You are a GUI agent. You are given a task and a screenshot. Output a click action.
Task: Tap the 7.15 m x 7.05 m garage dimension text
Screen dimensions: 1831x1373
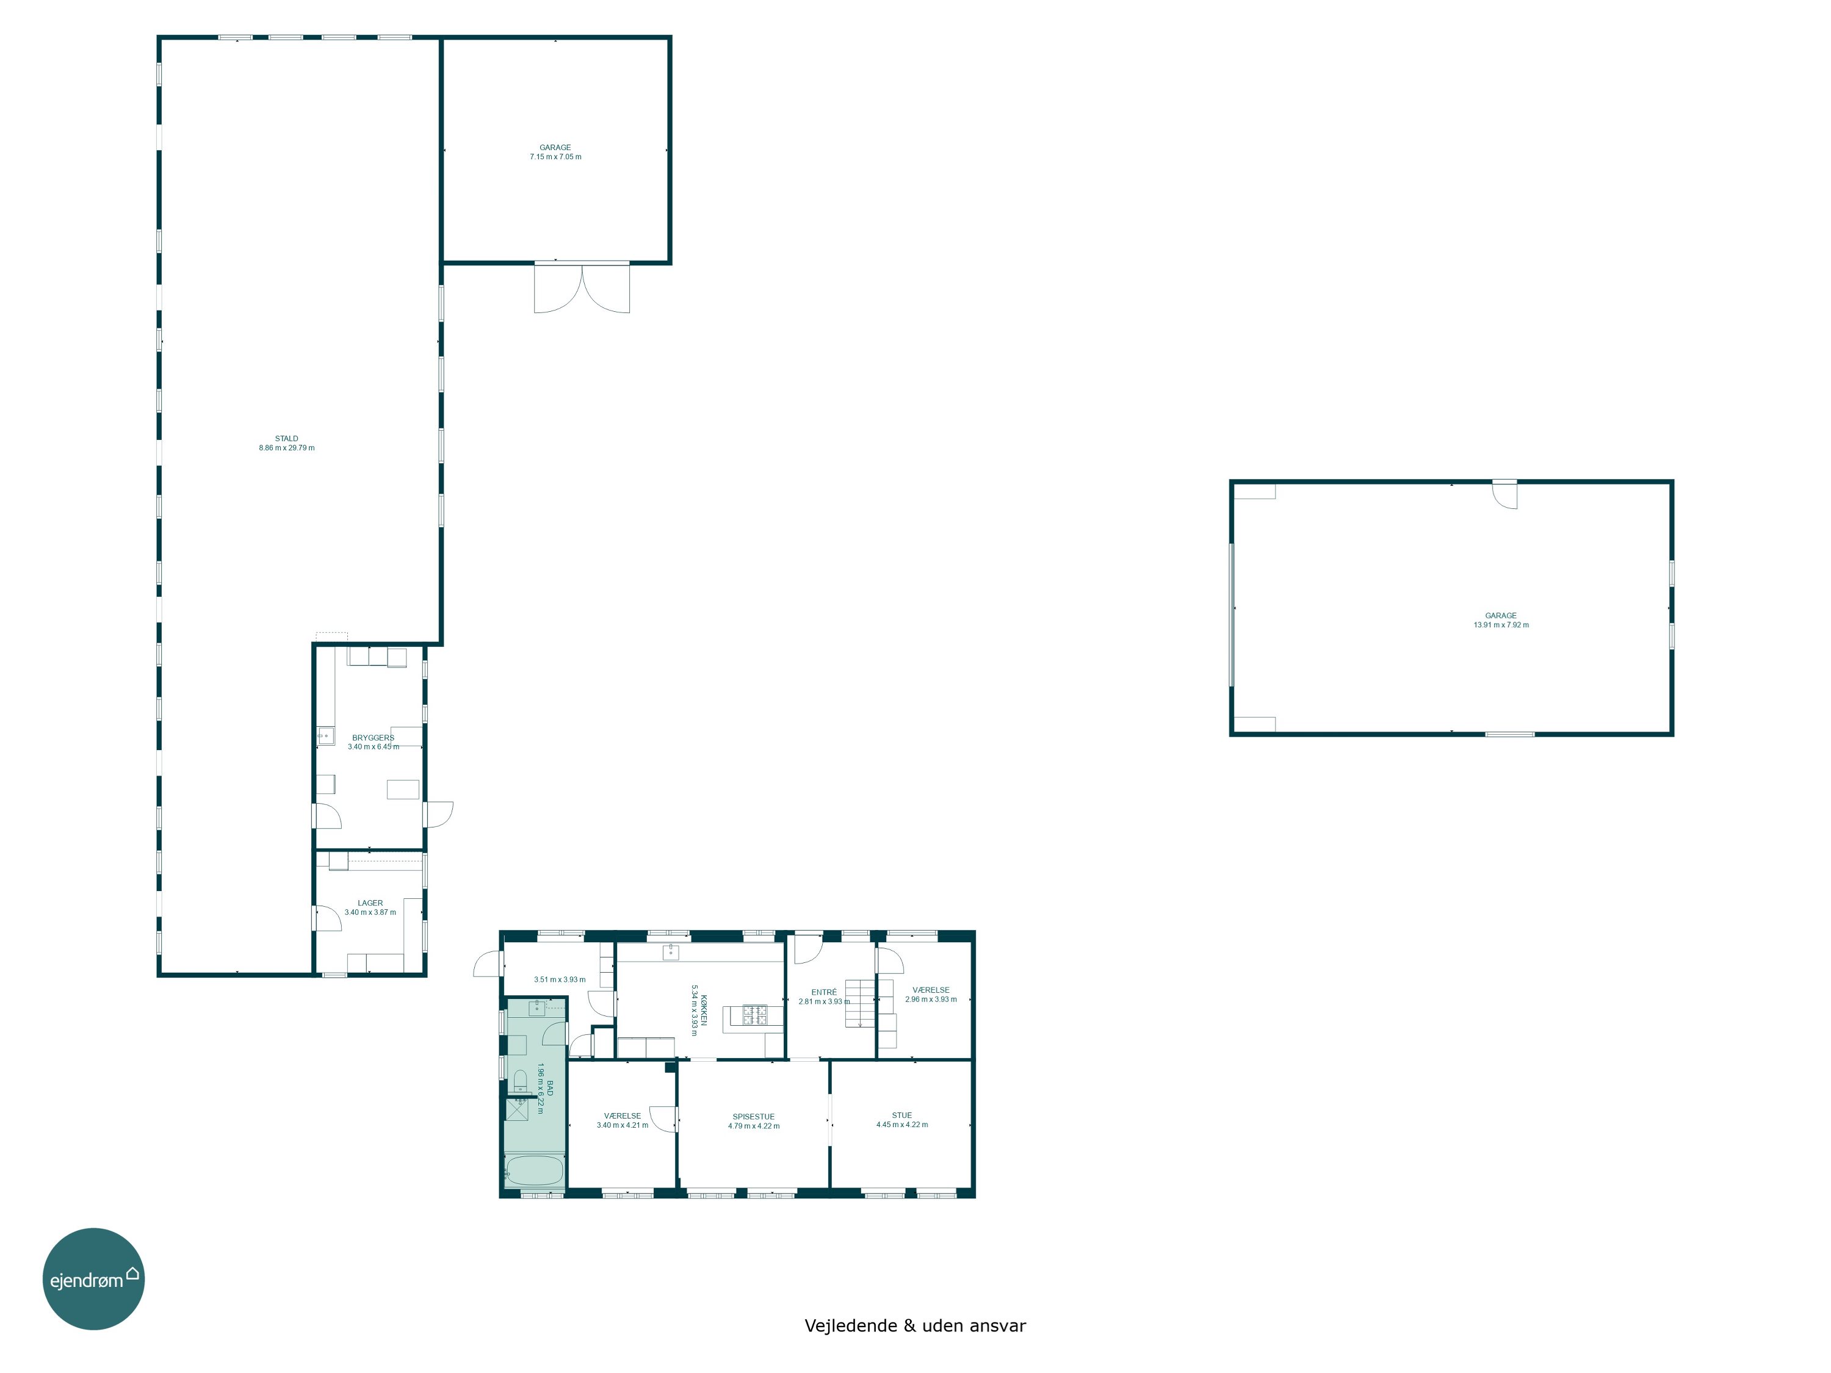555,156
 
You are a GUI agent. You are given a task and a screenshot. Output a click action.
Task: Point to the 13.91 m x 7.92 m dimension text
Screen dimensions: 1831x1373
1501,625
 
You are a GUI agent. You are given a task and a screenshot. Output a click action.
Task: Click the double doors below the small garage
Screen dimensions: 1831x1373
582,287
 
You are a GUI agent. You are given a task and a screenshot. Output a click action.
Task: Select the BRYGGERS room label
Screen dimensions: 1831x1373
374,737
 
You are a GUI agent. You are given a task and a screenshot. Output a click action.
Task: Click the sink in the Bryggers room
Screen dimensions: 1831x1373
325,735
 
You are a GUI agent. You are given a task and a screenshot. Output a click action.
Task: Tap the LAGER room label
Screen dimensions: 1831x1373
370,903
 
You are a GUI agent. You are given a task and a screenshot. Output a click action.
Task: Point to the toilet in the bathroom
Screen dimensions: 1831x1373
521,1079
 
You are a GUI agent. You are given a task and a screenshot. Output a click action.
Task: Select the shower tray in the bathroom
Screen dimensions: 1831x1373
518,1108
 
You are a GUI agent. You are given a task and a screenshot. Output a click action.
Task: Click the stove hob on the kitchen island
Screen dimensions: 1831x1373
754,1015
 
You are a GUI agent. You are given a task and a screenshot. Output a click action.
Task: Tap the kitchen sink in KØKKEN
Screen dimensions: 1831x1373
671,952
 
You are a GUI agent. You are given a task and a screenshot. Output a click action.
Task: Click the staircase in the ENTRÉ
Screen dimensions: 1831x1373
860,1003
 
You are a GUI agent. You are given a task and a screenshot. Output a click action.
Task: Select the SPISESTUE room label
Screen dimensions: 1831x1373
753,1117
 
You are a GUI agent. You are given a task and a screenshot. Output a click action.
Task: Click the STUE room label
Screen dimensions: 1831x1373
902,1115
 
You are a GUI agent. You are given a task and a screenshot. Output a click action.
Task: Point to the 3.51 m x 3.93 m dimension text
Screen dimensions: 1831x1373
560,979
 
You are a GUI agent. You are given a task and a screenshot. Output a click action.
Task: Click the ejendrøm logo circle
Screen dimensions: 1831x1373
93,1278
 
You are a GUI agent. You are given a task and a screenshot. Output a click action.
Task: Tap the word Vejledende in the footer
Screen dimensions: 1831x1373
851,1325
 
